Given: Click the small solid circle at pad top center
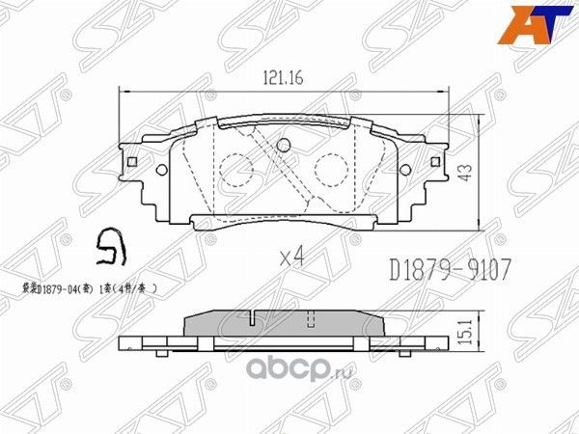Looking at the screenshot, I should coord(283,147).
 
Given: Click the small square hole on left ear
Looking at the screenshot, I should coord(132,161).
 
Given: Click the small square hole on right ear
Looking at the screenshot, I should coord(435,161).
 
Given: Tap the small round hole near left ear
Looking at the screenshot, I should coord(156,171).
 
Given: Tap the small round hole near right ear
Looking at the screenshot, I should coord(410,171).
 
